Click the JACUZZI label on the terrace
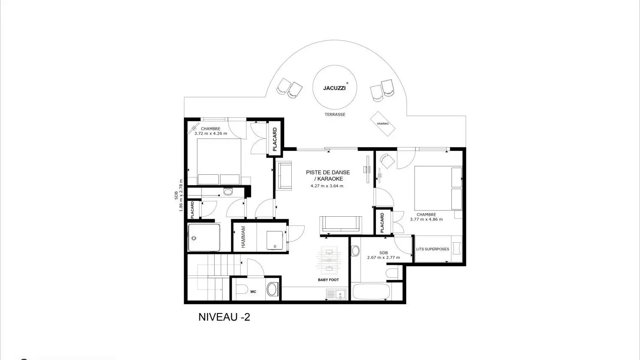[334, 88]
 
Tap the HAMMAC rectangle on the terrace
[383, 124]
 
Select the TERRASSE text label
[335, 114]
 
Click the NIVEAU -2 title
[224, 317]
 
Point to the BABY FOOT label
[328, 280]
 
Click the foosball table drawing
[329, 260]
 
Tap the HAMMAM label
[244, 237]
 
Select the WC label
[253, 292]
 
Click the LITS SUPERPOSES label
[433, 249]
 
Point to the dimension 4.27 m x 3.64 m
[327, 186]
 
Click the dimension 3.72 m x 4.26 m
[211, 133]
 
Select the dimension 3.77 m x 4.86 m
[426, 220]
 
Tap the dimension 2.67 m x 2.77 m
[383, 257]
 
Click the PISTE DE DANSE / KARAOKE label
[328, 176]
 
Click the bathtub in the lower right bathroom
[371, 291]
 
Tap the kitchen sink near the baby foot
[336, 294]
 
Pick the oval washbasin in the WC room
[272, 289]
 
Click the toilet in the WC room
[242, 289]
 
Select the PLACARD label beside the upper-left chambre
[275, 139]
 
